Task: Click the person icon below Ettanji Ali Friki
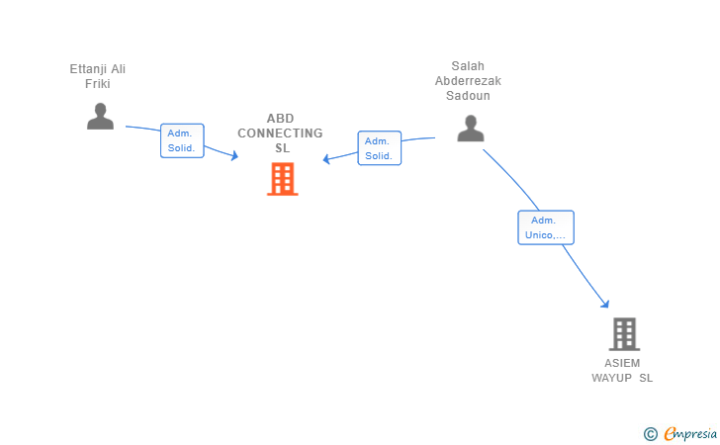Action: (100, 117)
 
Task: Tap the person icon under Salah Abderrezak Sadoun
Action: (470, 129)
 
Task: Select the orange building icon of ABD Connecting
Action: (282, 179)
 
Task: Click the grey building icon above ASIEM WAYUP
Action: (623, 334)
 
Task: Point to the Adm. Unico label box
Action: (545, 227)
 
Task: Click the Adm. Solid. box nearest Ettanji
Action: (182, 140)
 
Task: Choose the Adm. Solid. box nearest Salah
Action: (379, 148)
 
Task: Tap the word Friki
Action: (98, 83)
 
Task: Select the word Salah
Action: (468, 66)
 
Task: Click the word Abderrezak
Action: (468, 81)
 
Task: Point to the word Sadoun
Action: (468, 96)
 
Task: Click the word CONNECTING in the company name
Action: (280, 133)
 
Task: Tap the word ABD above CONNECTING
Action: (280, 119)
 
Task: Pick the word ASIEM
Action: (622, 363)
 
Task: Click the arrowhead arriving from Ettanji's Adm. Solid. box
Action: (234, 155)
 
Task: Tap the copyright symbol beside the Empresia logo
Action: (650, 433)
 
